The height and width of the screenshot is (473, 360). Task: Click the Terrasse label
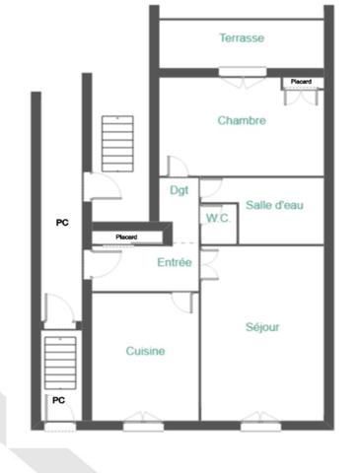click(x=242, y=38)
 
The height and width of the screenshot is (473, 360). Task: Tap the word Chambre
click(x=242, y=121)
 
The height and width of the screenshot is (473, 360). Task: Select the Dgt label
click(x=179, y=190)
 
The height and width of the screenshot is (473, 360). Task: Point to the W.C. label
click(x=218, y=218)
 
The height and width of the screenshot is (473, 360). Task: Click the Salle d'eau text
click(x=274, y=205)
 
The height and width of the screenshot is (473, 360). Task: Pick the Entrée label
click(x=175, y=262)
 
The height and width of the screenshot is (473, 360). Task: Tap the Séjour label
click(x=262, y=327)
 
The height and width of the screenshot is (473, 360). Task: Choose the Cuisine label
click(x=145, y=351)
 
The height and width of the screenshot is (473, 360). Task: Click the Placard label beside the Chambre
click(x=302, y=81)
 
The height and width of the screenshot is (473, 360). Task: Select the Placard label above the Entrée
click(x=125, y=237)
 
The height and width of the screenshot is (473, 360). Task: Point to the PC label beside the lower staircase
click(x=58, y=400)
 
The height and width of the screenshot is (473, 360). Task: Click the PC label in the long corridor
click(x=62, y=224)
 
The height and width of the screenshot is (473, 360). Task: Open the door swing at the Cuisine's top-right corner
click(x=180, y=302)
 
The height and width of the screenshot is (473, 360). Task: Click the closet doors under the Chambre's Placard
click(x=300, y=95)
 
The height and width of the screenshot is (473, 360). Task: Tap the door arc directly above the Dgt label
click(x=178, y=167)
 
